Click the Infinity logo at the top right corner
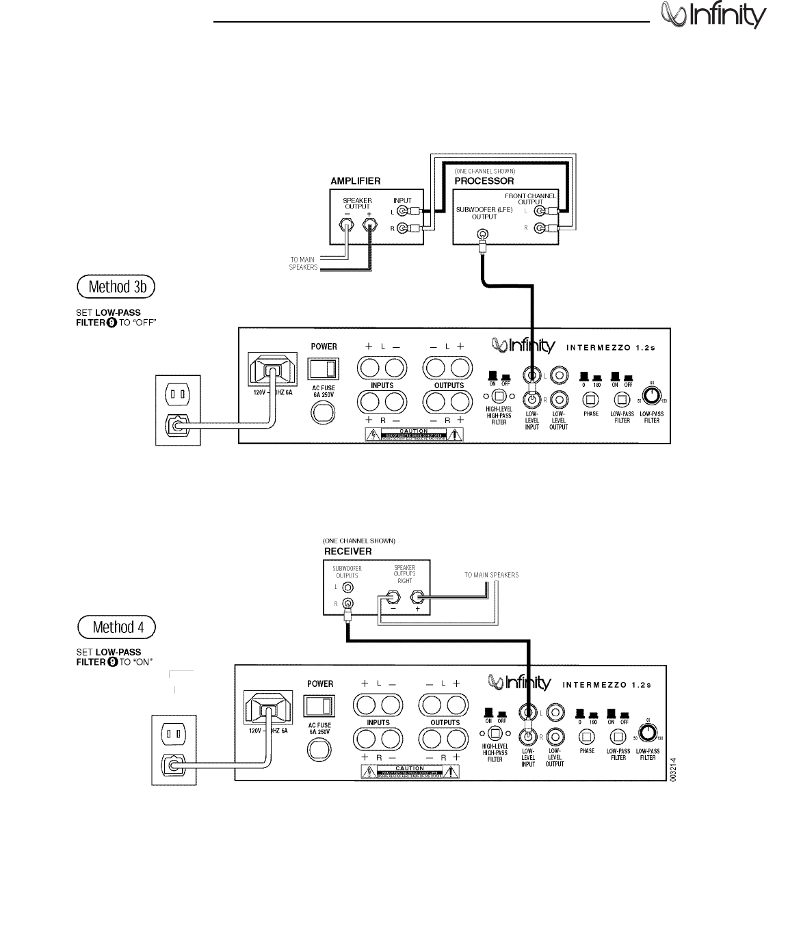tap(713, 15)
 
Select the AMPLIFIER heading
tap(356, 181)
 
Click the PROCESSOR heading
tap(484, 181)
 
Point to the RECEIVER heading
tap(347, 551)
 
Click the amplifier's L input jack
tap(404, 211)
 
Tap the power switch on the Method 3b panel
tap(324, 369)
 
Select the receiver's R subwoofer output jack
tap(348, 603)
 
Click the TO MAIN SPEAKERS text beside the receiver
tap(491, 575)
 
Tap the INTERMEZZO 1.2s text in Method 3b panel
tap(611, 347)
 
